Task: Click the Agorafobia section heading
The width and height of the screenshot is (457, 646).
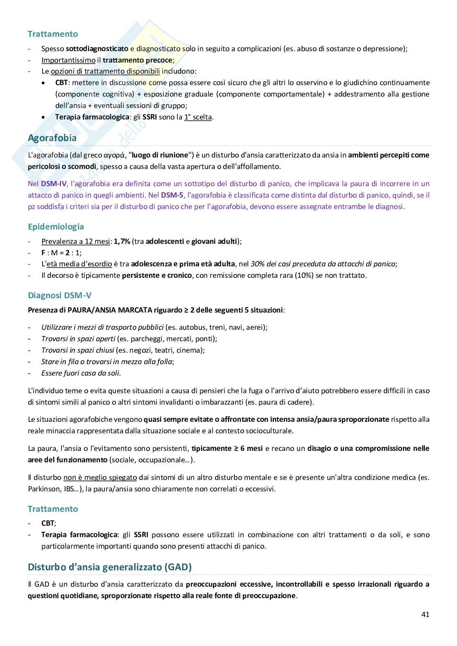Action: click(52, 138)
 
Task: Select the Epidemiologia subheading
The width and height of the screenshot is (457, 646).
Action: click(56, 227)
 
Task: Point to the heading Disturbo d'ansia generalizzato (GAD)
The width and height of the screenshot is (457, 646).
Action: click(109, 567)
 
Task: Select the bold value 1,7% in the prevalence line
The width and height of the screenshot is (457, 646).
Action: click(122, 241)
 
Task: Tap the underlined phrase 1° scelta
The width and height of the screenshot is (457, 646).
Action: click(198, 117)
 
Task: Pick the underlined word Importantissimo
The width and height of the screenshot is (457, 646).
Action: click(68, 60)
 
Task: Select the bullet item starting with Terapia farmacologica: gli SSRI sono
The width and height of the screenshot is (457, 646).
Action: click(134, 117)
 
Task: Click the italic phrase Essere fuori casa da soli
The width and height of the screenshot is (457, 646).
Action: click(81, 373)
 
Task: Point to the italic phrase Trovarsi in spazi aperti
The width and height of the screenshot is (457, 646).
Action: click(78, 339)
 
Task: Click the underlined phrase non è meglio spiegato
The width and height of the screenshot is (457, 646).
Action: click(100, 477)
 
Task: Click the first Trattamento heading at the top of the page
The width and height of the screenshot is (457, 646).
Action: click(52, 34)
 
